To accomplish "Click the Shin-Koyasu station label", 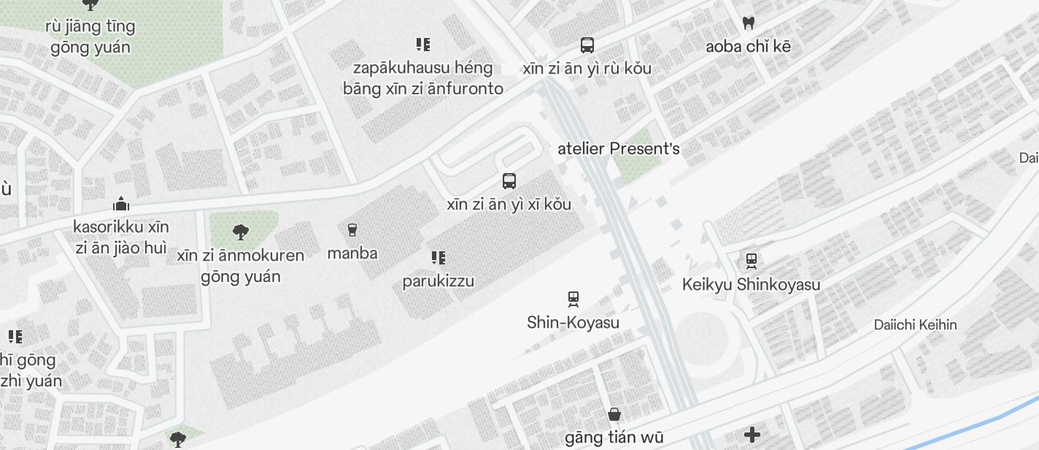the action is (573, 322).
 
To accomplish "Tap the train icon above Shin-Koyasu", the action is (573, 299).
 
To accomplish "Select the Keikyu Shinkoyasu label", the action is (751, 284).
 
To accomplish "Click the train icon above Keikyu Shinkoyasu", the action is (752, 261).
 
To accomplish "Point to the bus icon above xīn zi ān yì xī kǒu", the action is (509, 181).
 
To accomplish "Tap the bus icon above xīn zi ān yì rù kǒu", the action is (587, 45).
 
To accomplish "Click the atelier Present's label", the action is (618, 149).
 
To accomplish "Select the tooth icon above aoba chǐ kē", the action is (748, 23).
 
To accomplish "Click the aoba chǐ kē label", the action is (748, 47).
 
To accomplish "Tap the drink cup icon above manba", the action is (352, 231).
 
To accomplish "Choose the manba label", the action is (352, 253).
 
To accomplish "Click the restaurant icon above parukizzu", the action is (438, 258).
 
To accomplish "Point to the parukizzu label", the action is (438, 281).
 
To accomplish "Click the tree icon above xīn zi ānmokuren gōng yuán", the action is (240, 233).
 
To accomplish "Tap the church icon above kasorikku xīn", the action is (121, 204).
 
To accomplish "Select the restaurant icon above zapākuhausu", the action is (422, 45).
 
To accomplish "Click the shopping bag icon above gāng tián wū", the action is (614, 415).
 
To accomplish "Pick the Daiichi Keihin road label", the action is (915, 324).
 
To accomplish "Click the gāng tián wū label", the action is (614, 438).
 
